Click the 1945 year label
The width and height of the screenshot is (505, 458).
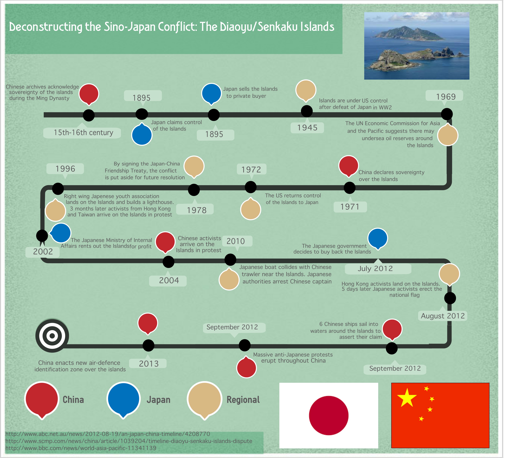[307, 128]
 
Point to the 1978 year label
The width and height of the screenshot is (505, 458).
[196, 210]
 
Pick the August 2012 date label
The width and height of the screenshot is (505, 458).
[442, 316]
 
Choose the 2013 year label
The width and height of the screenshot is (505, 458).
[149, 364]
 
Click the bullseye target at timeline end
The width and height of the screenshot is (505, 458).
[52, 336]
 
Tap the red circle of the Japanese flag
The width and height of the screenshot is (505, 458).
[329, 415]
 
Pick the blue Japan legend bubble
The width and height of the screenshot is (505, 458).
[123, 399]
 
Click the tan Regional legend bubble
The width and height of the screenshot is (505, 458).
[205, 399]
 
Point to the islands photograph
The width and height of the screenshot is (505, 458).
[417, 46]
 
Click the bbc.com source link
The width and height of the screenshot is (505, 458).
[81, 448]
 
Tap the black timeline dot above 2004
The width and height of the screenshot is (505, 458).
[168, 262]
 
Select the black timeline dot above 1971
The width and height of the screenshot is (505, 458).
[349, 188]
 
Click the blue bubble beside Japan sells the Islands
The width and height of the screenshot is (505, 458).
[212, 93]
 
